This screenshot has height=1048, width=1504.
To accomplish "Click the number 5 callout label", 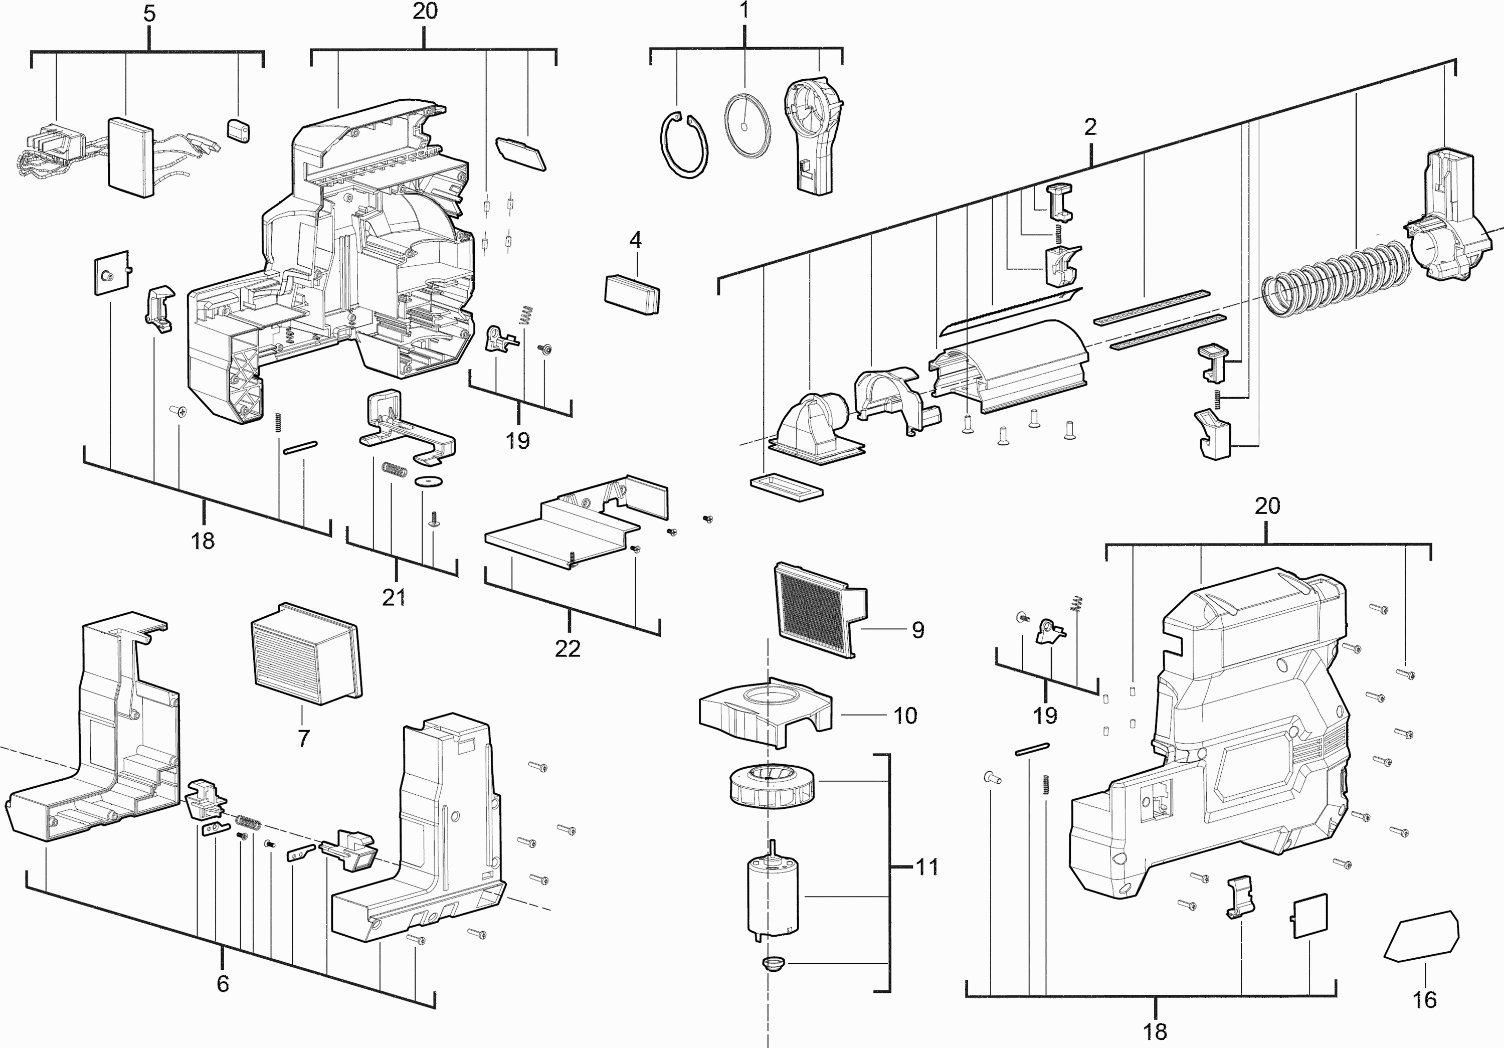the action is pos(149,14).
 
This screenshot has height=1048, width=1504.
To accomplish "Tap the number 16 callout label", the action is pos(1425,999).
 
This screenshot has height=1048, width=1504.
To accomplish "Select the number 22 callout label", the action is pos(568,648).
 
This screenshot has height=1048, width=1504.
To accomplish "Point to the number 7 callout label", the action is pos(303,738).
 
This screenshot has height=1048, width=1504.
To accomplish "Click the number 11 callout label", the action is pos(926,867).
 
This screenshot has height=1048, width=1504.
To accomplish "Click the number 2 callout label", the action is pos(1090,127).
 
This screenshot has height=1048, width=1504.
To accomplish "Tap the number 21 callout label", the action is pos(394,597).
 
